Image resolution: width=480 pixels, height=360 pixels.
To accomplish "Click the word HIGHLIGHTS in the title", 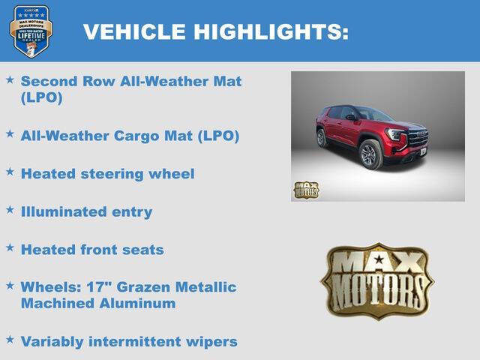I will pos(271,31).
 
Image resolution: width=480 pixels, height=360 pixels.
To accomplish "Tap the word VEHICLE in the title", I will pos(134,31).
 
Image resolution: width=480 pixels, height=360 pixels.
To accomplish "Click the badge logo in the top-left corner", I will pos(31,31).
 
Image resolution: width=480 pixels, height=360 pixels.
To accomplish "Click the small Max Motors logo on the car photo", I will pos(306,190).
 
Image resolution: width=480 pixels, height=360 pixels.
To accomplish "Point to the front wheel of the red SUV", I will pos(370,154).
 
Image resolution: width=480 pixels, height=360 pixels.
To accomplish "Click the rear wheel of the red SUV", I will pos(321,138).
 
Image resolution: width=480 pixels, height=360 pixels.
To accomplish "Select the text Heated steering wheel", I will pos(107,173).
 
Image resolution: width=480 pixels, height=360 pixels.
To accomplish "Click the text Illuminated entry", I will pos(86,211).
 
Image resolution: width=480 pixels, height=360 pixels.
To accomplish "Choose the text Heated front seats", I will pos(92,250).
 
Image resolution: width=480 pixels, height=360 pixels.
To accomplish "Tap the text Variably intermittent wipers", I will pos(129,341).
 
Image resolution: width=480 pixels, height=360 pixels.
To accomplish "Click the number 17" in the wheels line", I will pos(94,287).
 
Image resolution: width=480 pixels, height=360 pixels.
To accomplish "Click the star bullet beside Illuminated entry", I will pos(10,209).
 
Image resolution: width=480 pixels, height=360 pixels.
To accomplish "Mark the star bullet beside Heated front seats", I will pos(10,247).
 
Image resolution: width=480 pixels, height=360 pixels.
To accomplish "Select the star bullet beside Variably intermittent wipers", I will pos(10,339).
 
